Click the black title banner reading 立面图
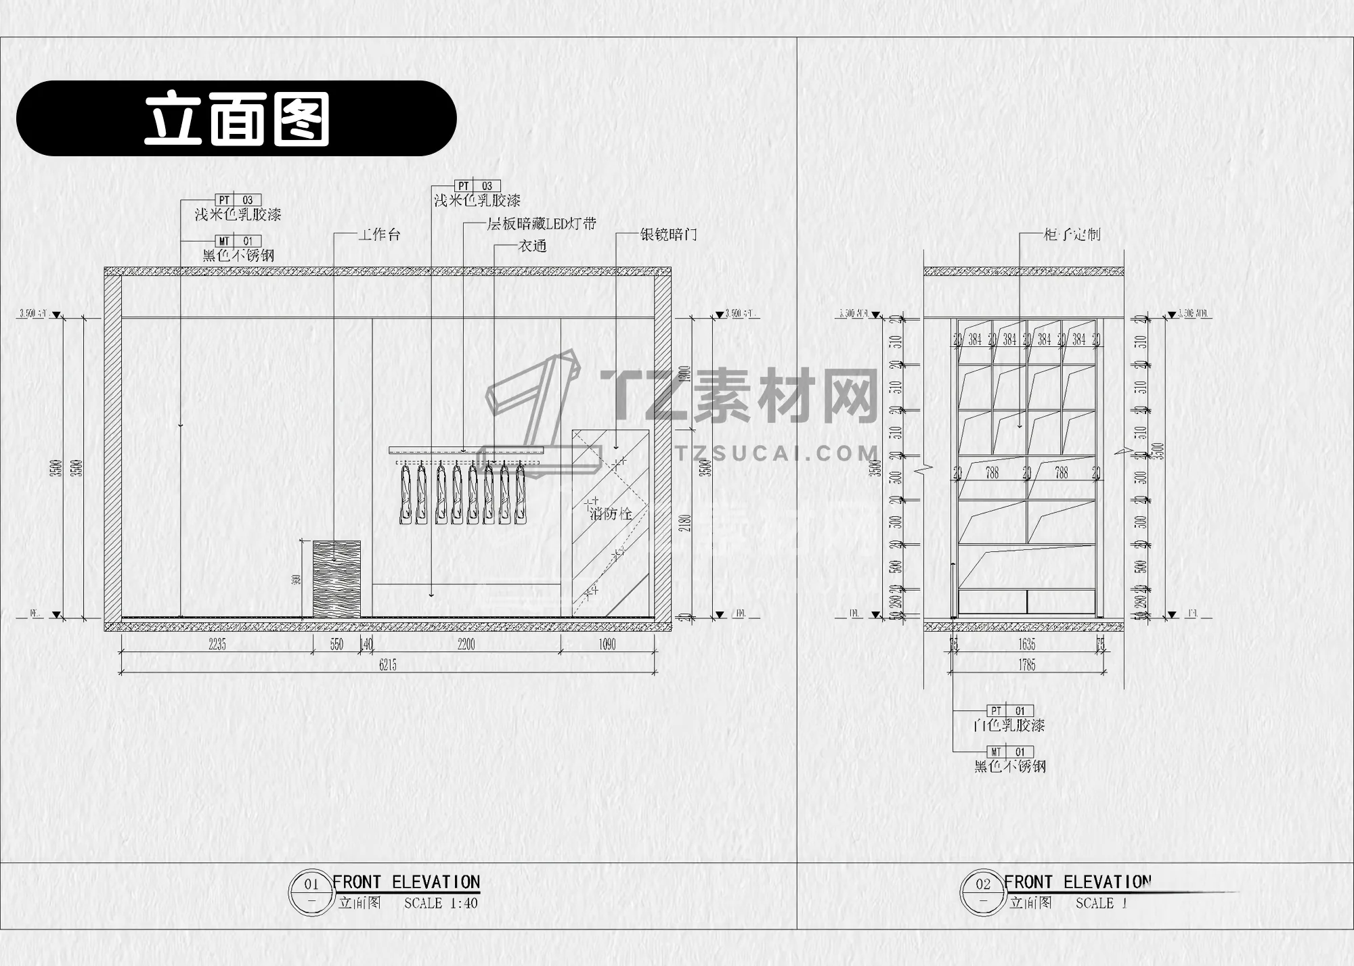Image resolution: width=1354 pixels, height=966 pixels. coord(236,118)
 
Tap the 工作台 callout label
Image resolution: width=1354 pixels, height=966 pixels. coord(379,235)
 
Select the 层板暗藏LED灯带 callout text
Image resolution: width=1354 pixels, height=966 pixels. coord(542,224)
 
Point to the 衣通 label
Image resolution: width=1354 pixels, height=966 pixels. coord(532,246)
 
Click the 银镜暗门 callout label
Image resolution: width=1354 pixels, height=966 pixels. coord(668,235)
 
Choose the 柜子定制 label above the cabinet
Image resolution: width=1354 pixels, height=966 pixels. coord(1072,235)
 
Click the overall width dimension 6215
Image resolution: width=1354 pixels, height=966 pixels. coord(388,665)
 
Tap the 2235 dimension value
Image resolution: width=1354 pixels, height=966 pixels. coord(217,645)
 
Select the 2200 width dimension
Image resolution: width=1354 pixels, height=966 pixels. coord(466,645)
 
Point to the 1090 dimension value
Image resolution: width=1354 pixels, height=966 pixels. coord(607,645)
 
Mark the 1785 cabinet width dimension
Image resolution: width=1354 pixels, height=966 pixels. coord(1027,665)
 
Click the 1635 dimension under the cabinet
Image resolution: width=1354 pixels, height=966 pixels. coord(1027,645)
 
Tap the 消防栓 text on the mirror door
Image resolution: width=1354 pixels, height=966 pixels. coord(611,513)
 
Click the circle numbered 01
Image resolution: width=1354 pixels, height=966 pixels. coord(311,883)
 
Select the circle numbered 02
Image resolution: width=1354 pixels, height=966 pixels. coord(982,883)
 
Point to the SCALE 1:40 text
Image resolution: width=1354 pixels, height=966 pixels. coord(441,903)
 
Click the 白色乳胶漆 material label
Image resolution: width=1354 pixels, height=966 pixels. coord(1009,726)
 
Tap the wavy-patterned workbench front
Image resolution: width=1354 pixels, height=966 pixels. coord(336,579)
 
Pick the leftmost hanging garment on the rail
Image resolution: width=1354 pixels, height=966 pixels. coord(405,494)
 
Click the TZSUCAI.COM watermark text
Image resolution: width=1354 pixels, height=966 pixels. coord(777,453)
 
